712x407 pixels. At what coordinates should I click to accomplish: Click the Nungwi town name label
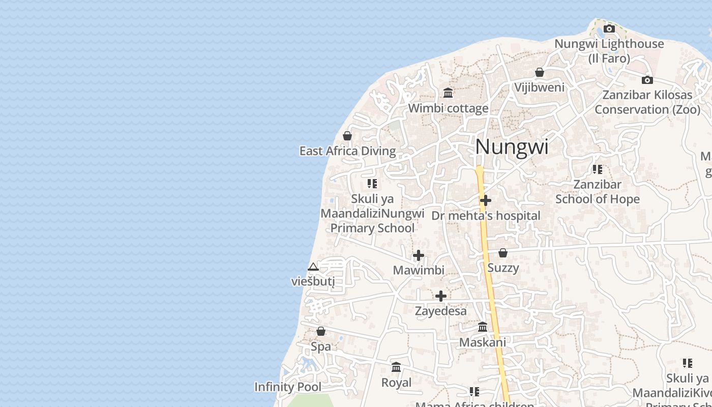tap(512, 147)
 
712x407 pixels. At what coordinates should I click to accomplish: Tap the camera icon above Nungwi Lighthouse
tap(609, 28)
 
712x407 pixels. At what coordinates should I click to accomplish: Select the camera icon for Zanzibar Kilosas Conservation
tap(647, 80)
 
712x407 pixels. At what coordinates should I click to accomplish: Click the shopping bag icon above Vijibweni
tap(540, 72)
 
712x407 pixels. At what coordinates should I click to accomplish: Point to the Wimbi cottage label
tap(448, 108)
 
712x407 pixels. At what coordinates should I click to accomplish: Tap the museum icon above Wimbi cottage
tap(448, 93)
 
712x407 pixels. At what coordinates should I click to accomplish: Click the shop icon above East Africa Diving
tap(347, 136)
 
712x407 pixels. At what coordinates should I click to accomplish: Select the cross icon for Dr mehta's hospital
tap(486, 200)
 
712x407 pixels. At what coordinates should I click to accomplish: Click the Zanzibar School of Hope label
tap(597, 192)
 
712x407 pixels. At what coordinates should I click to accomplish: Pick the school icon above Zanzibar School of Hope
tap(597, 169)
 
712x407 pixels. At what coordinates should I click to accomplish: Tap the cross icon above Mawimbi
tap(419, 255)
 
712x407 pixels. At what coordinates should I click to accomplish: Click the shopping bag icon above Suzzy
tap(503, 253)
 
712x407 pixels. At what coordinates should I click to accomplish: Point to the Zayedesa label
tap(441, 311)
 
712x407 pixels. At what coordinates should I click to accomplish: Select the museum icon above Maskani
tap(483, 327)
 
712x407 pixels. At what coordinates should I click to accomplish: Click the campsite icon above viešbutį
tap(313, 267)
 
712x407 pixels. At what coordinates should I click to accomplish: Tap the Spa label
tap(321, 347)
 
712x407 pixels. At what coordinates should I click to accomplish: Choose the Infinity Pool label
tap(288, 387)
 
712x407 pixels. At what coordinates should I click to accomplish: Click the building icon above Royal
tap(396, 367)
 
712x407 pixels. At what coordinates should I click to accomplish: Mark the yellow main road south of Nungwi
tap(491, 285)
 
